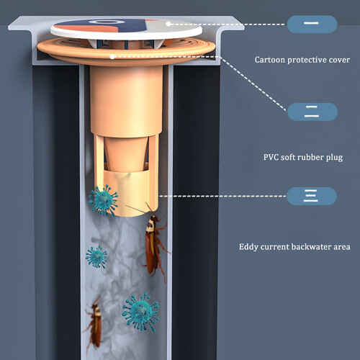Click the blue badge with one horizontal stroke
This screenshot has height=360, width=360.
click(312, 24)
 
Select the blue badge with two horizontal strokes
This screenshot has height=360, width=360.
click(312, 112)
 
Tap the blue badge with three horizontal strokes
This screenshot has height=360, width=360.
click(312, 196)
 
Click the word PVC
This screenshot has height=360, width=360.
click(271, 157)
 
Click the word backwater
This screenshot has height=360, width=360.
click(311, 247)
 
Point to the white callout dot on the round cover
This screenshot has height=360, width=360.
click(168, 24)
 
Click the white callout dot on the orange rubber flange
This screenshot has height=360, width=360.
click(112, 57)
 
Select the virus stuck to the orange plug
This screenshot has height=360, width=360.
click(103, 200)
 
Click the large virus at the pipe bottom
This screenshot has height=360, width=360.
click(140, 312)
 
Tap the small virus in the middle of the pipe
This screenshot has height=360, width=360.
click(96, 257)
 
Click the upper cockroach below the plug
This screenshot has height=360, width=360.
click(153, 243)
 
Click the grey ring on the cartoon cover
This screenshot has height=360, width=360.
click(107, 22)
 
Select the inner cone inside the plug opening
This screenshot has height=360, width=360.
click(126, 155)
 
